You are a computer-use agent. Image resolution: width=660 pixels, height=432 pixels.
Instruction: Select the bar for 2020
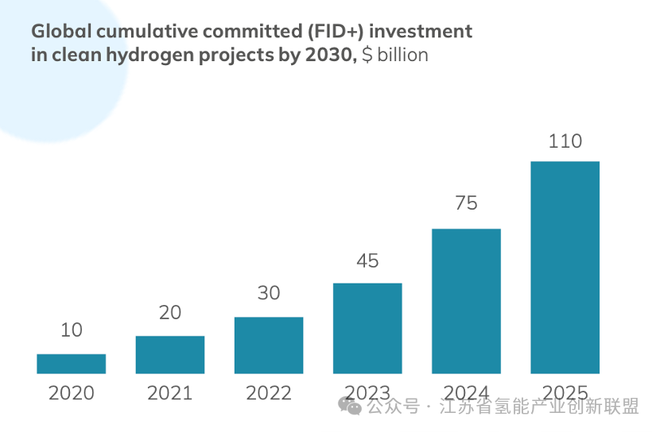coord(71,364)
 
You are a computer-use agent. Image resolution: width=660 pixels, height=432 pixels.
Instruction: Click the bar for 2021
coord(170,355)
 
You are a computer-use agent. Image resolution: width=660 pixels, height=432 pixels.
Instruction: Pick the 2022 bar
coord(269,345)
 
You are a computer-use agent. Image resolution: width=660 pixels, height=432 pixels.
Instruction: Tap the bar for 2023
coord(367,328)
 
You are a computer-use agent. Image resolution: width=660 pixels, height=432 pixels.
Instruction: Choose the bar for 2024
coord(466,301)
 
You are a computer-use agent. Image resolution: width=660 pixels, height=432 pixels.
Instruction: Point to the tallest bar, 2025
coord(565,267)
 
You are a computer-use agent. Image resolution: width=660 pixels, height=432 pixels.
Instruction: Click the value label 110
coord(565,141)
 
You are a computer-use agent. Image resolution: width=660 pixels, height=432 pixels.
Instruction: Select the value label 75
coord(466,203)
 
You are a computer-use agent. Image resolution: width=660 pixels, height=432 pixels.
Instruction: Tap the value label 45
coord(367,260)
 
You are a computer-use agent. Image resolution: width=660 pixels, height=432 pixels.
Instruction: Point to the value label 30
coord(269,293)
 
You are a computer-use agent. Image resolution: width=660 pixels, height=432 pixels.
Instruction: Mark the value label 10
coord(71,330)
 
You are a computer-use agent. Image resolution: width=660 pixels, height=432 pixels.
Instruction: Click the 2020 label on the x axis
coord(71,393)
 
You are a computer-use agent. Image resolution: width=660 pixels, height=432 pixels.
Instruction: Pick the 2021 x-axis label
coord(170,393)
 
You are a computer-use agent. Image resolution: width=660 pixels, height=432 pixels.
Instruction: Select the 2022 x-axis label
coord(269,393)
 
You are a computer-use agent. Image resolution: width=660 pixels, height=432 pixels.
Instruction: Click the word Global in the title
coord(57,31)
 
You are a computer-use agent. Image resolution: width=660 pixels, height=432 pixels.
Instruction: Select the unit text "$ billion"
coord(394,55)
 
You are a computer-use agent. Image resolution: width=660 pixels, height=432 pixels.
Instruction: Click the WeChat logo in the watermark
coord(349,407)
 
